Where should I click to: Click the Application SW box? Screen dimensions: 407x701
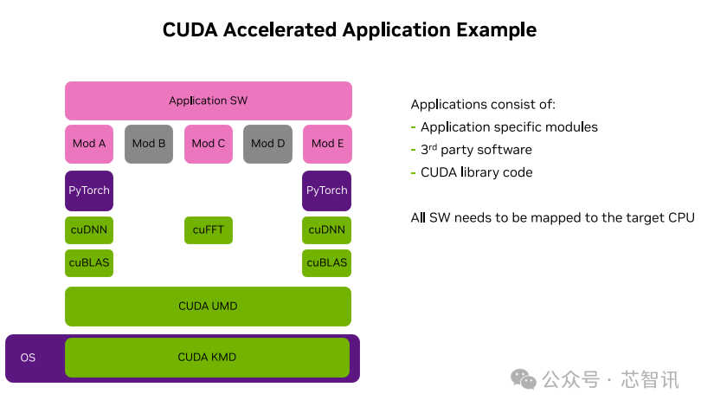pyautogui.click(x=208, y=100)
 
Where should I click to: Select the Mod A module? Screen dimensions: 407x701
pyautogui.click(x=89, y=144)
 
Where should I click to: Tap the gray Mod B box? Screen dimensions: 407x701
pyautogui.click(x=149, y=144)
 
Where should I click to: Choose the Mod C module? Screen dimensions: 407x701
pyautogui.click(x=209, y=144)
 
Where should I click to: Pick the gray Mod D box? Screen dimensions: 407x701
pyautogui.click(x=268, y=144)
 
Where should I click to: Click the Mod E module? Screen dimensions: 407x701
pyautogui.click(x=327, y=144)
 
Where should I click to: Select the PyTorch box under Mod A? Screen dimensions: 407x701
pyautogui.click(x=89, y=191)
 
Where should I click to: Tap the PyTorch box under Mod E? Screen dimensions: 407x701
pyautogui.click(x=327, y=191)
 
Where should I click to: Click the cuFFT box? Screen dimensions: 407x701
pyautogui.click(x=209, y=230)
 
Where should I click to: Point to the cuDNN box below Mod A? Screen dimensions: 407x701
pyautogui.click(x=89, y=230)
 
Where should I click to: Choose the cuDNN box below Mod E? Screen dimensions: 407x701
pyautogui.click(x=327, y=230)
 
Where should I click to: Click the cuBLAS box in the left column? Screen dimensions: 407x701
pyautogui.click(x=89, y=262)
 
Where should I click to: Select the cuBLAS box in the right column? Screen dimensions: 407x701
pyautogui.click(x=327, y=262)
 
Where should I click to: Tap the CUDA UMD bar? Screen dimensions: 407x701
pyautogui.click(x=208, y=307)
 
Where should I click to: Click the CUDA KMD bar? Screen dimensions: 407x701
pyautogui.click(x=208, y=357)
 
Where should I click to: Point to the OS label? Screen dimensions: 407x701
pyautogui.click(x=28, y=358)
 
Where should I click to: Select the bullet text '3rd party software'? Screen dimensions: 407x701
pyautogui.click(x=476, y=150)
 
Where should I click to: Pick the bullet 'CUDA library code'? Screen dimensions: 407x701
pyautogui.click(x=476, y=172)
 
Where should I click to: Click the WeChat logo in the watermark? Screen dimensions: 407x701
pyautogui.click(x=524, y=379)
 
